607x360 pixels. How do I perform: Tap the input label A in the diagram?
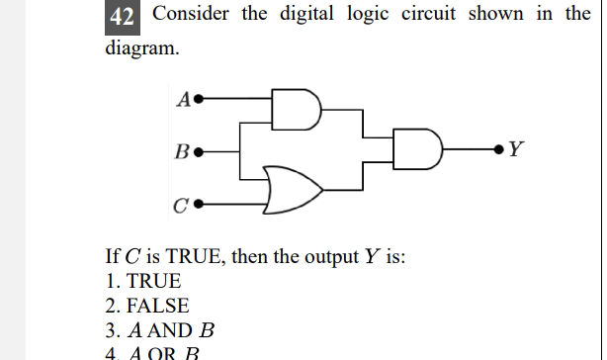184,99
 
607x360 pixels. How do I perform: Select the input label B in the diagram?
182,153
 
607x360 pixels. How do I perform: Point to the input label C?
180,207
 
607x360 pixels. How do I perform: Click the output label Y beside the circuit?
517,151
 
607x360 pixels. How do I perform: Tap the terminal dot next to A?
200,99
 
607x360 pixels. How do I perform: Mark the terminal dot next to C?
199,207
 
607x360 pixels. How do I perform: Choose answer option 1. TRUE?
143,281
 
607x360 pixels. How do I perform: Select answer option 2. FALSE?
146,306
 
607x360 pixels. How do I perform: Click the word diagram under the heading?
141,47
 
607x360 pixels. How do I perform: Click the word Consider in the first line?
192,15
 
